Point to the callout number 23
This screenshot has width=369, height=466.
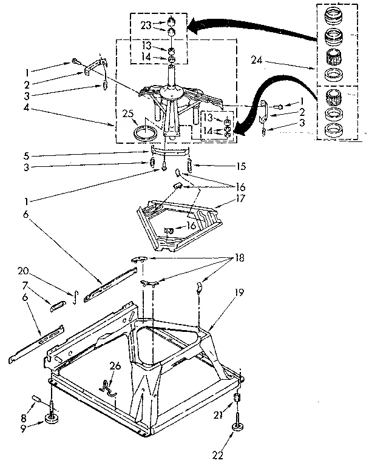(145, 25)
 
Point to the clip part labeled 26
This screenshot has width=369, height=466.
(107, 387)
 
